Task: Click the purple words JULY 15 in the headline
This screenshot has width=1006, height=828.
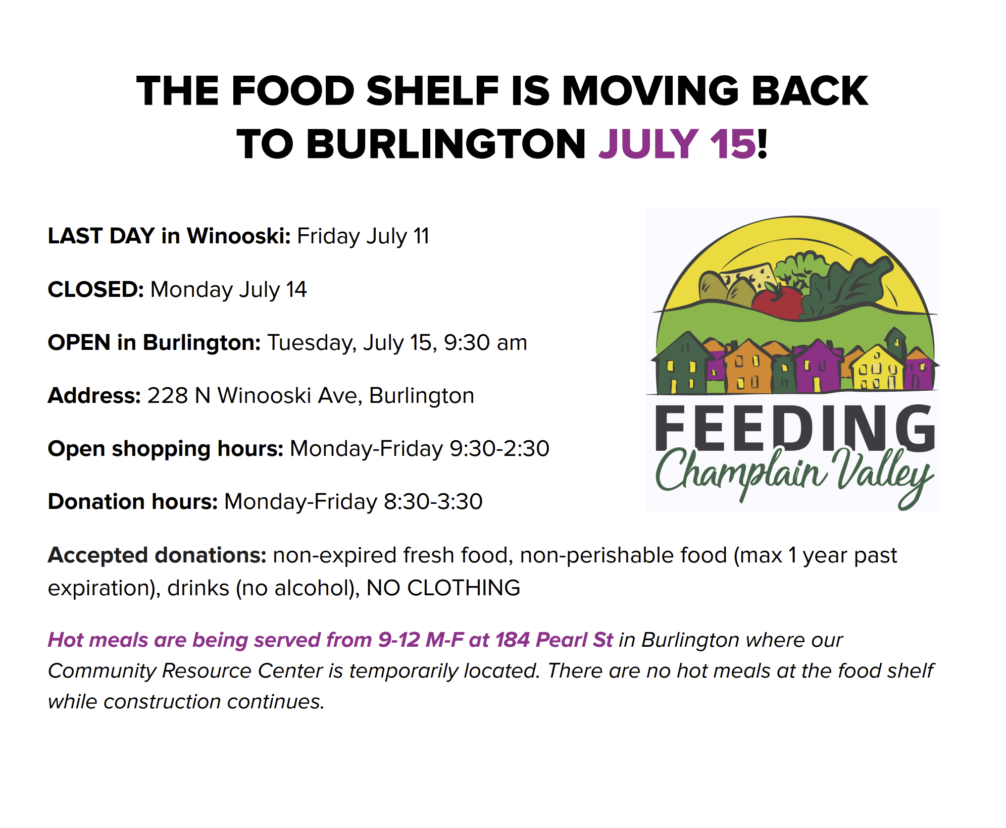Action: point(677,144)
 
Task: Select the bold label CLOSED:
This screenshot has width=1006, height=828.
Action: point(96,289)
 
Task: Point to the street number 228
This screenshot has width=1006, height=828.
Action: point(168,395)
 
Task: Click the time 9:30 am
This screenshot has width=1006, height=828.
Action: point(485,342)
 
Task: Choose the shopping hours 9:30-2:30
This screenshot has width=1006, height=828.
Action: point(499,448)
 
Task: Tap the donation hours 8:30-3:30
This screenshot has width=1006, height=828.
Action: point(433,501)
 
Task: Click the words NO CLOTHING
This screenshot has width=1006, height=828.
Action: point(443,588)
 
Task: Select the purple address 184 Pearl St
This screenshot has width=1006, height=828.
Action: point(554,640)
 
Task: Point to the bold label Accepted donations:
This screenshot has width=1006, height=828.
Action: point(157,555)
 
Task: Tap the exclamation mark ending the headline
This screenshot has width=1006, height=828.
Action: point(762,144)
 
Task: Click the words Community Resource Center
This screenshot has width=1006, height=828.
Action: point(185,670)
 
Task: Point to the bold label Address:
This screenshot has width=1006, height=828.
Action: point(94,395)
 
